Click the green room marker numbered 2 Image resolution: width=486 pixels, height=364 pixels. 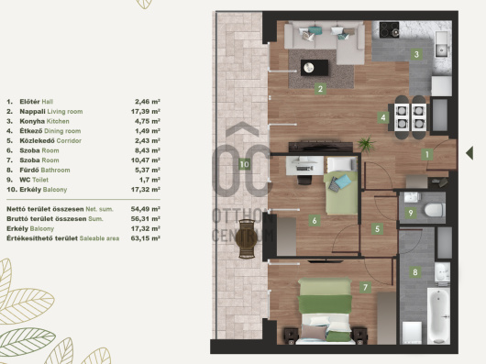point(320,89)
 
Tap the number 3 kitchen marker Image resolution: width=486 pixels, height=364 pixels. point(416,54)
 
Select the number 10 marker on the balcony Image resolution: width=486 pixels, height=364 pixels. point(244,164)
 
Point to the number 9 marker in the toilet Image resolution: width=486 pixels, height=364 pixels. point(411,213)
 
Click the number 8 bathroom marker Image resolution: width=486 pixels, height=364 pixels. point(415,272)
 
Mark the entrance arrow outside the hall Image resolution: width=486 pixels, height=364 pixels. point(469,153)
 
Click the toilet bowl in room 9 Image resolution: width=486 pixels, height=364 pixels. point(435,210)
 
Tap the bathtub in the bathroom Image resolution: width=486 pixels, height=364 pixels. point(438,315)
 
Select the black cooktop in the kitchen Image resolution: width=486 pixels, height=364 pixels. point(389,29)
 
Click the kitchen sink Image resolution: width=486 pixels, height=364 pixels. point(441,44)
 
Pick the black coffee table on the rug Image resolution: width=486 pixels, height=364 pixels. point(315,68)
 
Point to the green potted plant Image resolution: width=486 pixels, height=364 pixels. point(367,144)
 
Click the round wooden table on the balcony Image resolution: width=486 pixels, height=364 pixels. point(247,237)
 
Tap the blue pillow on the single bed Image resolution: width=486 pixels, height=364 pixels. point(343,182)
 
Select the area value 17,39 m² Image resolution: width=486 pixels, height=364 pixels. point(146,111)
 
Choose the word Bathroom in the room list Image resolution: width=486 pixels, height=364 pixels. point(56,170)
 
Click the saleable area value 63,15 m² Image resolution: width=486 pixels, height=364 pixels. point(146,238)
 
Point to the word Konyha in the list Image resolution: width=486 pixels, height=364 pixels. point(32,121)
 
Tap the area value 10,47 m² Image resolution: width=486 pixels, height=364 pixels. point(146,160)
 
